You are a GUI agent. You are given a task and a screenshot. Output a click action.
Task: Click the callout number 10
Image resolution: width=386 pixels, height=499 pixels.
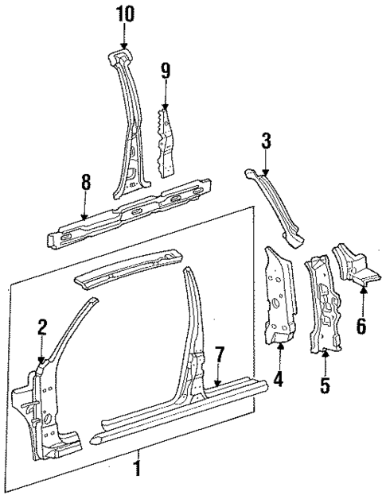(x=125, y=14)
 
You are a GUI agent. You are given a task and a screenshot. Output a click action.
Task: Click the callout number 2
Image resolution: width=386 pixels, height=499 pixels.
(x=42, y=327)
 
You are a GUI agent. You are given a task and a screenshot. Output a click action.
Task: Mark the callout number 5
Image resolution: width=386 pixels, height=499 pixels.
(x=325, y=387)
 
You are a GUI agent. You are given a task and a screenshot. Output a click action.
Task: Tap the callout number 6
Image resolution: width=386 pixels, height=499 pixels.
(x=361, y=325)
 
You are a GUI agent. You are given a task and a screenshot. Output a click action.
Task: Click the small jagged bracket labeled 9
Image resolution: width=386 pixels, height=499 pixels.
(x=167, y=143)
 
